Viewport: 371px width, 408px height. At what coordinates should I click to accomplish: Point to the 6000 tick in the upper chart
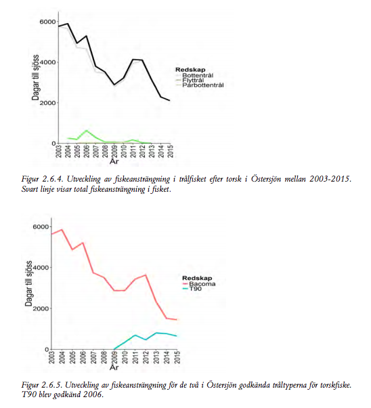[x=47, y=22]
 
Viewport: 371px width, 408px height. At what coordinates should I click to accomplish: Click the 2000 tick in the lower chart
[x=41, y=308]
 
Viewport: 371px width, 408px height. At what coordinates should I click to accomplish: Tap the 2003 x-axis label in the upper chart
[x=59, y=151]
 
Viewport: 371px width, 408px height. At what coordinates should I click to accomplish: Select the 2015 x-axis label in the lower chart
[x=177, y=357]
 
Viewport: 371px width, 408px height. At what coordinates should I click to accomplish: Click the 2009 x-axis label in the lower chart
[x=114, y=357]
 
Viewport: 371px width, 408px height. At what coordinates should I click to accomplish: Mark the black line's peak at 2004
[x=68, y=24]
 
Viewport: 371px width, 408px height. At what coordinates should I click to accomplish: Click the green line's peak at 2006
[x=87, y=130]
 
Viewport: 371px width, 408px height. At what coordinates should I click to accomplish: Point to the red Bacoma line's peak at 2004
[x=62, y=230]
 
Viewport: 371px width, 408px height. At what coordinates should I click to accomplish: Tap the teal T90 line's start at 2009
[x=114, y=348]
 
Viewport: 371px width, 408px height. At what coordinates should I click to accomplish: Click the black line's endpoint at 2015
[x=170, y=100]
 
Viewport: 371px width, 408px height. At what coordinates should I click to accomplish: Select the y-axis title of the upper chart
[x=36, y=77]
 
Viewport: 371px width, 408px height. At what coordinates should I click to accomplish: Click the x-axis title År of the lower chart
[x=114, y=367]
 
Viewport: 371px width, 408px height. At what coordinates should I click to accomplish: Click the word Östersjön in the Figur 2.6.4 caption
[x=266, y=180]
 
